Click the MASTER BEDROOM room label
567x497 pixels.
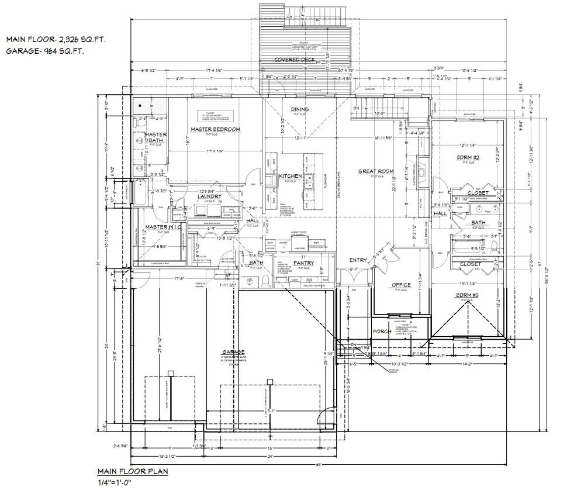[215, 129]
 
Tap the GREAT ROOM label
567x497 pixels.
[374, 171]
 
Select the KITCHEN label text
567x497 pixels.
[290, 176]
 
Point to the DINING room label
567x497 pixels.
[300, 109]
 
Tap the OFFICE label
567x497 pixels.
[401, 285]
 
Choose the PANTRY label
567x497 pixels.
[303, 263]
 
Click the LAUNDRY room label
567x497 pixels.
[209, 196]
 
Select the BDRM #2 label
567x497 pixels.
[468, 157]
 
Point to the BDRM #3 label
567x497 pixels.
[467, 295]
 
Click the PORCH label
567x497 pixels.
[381, 332]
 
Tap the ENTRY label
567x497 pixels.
[358, 260]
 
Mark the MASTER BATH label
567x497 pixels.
[155, 138]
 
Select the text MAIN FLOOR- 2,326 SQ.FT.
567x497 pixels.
[56, 40]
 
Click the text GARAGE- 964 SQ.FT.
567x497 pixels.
[45, 51]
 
